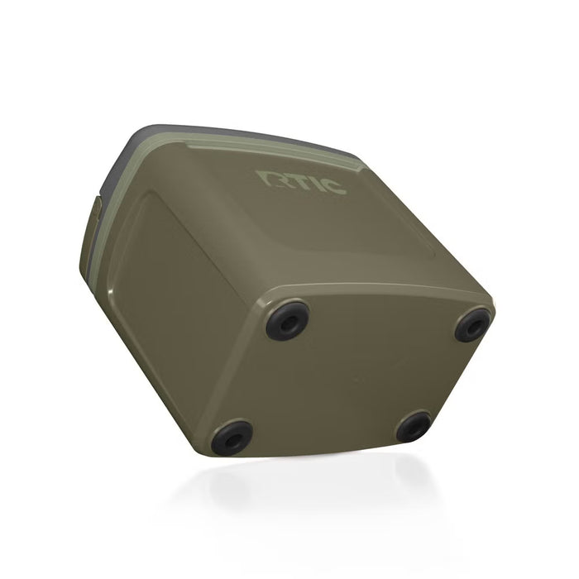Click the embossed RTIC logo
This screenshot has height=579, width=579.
click(301, 181)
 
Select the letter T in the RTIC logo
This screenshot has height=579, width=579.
click(293, 180)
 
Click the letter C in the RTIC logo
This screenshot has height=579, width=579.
click(333, 186)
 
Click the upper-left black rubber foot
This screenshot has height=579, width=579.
click(288, 320)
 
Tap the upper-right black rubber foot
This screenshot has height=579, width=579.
click(473, 325)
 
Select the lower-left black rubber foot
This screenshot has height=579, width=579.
click(232, 438)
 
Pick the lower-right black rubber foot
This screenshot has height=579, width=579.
click(413, 426)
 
